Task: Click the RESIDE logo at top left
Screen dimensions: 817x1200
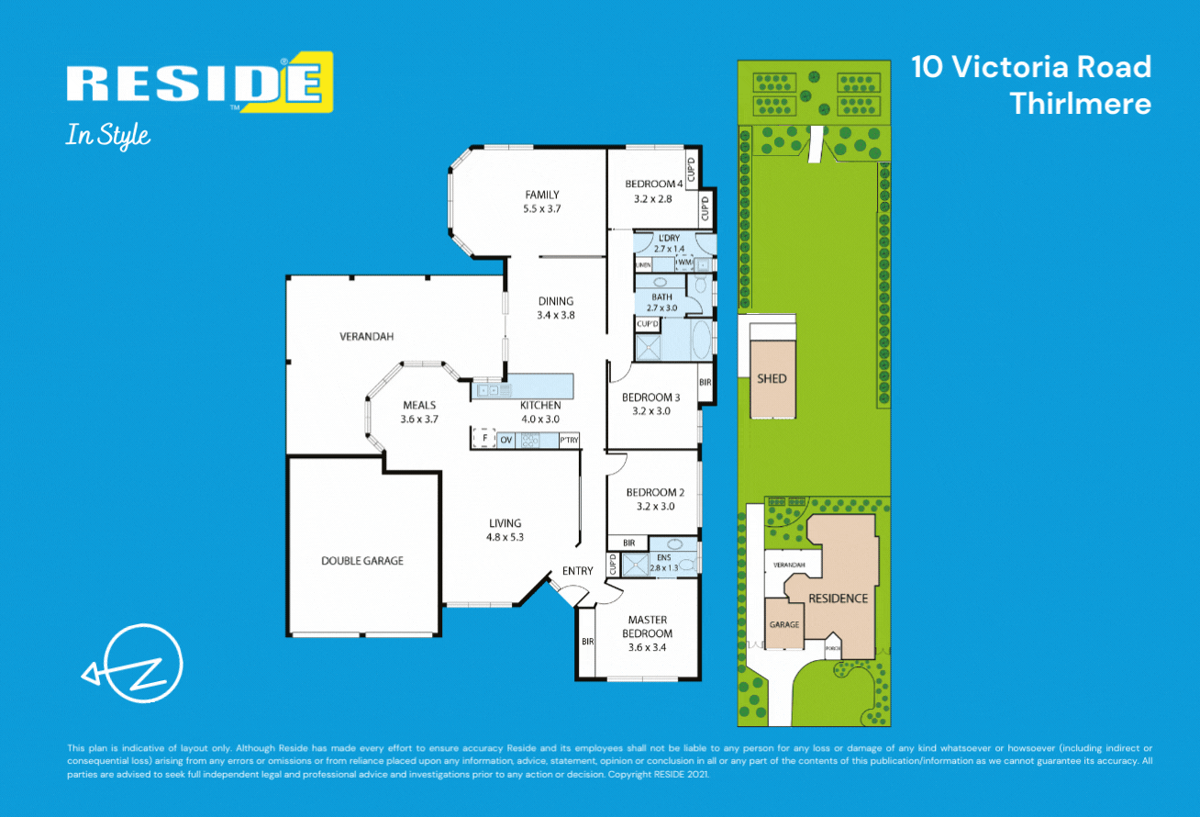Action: coord(197,84)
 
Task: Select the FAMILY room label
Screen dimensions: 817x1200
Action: coord(542,195)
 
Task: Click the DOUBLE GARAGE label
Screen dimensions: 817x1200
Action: coord(362,561)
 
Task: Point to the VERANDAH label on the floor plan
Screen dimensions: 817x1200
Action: coord(367,337)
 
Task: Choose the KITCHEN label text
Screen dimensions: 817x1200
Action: coord(540,406)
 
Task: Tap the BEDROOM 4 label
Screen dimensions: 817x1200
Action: coord(654,184)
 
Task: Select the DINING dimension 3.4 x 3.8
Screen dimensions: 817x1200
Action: coord(556,315)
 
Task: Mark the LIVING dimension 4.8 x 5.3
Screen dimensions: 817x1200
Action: coord(505,537)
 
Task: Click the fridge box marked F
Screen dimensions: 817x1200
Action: coord(483,440)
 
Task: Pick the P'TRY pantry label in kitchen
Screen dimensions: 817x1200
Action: coord(569,441)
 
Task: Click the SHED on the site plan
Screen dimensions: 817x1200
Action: coord(772,378)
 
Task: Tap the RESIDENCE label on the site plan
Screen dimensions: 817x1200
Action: coord(838,599)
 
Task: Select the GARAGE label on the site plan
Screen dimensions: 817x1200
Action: coord(784,624)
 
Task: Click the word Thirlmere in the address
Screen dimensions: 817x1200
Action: coord(1080,104)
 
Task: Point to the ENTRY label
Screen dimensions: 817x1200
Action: coord(578,571)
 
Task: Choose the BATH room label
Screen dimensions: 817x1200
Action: coord(661,297)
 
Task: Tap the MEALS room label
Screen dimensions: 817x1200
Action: coord(419,405)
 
